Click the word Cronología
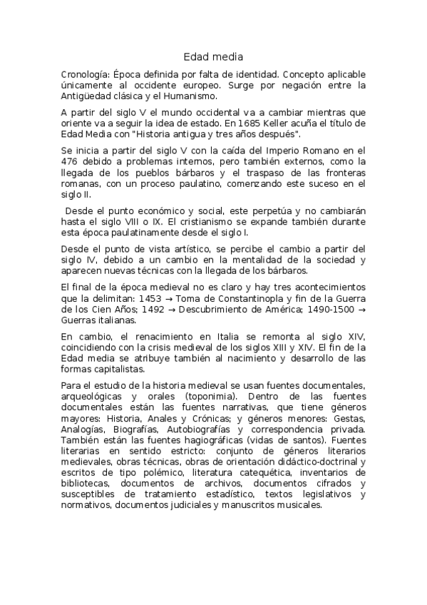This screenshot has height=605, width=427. (x=83, y=73)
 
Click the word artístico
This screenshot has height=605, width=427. (x=180, y=248)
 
